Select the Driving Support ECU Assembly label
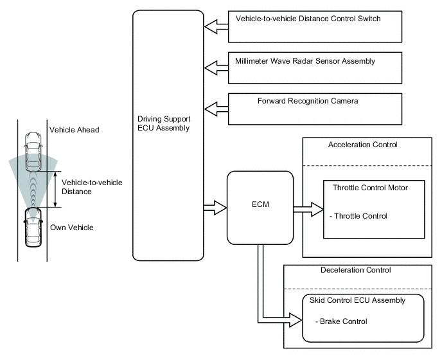click(163, 124)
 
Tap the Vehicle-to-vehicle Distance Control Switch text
click(308, 19)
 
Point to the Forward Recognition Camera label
click(308, 101)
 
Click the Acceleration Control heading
click(363, 145)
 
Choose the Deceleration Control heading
click(355, 270)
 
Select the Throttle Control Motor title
click(371, 188)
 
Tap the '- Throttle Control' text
click(358, 216)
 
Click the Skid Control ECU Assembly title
click(364, 300)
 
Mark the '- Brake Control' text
click(342, 321)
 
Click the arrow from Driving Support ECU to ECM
click(215, 208)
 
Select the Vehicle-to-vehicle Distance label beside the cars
click(92, 187)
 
